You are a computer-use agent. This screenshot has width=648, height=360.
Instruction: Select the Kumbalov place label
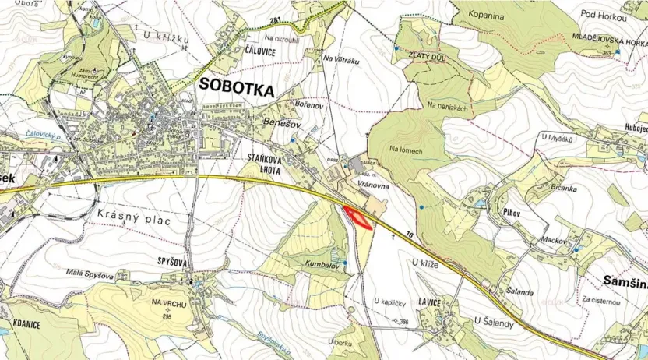pos(322,265)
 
